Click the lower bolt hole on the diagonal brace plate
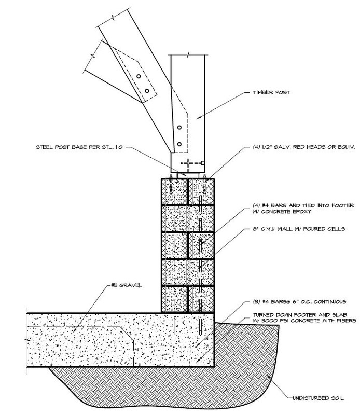[x=147, y=91]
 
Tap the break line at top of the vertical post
[x=192, y=53]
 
